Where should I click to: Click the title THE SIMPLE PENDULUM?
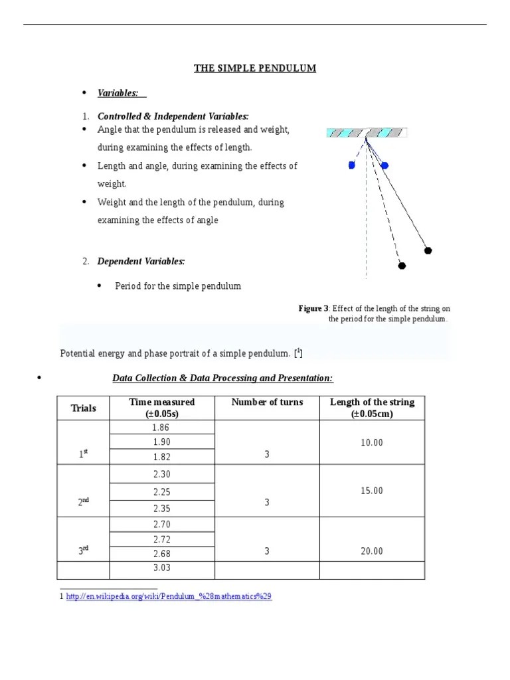[x=254, y=68]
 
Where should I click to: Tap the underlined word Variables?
[x=118, y=92]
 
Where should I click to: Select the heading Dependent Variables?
[x=141, y=261]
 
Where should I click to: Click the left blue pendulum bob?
[x=352, y=165]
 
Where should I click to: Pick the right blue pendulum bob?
[x=384, y=165]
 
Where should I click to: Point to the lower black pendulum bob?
[x=402, y=266]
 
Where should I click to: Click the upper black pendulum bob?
[x=428, y=250]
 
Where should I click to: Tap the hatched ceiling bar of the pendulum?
[x=367, y=133]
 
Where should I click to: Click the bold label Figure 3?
[x=313, y=309]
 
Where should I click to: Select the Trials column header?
[x=84, y=408]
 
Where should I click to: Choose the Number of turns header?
[x=267, y=402]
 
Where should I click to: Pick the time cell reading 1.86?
[x=162, y=428]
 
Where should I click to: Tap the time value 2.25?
[x=162, y=492]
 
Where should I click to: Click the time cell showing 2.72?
[x=162, y=539]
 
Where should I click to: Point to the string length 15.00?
[x=372, y=491]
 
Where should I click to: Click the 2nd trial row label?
[x=84, y=503]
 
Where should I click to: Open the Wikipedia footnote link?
[x=169, y=597]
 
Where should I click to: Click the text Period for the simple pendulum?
[x=178, y=286]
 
